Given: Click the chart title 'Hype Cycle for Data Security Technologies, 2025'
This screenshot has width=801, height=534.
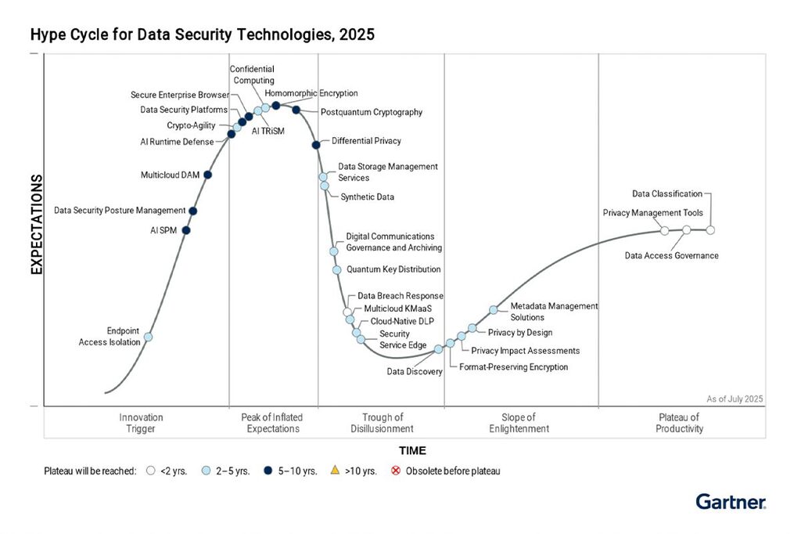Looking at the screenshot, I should pos(202,34).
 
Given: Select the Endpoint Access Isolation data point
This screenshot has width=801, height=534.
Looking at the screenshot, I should pos(149,337).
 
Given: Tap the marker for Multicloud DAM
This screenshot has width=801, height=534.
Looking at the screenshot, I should pos(207,175).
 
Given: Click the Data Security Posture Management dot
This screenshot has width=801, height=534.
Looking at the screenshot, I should pos(193,211).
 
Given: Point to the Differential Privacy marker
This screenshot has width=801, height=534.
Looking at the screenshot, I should pos(316,145).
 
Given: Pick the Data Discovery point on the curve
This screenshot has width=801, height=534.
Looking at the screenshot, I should pos(439,349).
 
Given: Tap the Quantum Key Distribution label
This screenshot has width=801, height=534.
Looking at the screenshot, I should pos(393,269).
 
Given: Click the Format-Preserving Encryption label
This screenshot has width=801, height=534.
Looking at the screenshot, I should pos(513,366).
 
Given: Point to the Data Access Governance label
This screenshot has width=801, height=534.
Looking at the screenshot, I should pos(671,255).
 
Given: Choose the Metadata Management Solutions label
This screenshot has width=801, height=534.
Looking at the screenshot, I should pos(553,312).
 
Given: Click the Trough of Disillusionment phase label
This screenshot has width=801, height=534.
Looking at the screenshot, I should pos(383,423).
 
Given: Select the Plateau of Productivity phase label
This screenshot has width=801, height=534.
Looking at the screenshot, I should pos(680,423).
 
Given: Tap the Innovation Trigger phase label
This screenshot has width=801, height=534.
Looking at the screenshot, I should pos(141,423).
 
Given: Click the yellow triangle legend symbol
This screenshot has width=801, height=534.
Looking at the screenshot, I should pos(335,471).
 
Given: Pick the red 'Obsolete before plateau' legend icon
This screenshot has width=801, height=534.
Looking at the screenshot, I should pos(396,471).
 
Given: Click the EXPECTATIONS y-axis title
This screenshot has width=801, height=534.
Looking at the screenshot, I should pos(36,224).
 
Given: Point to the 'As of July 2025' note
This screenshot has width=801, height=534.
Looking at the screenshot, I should pos(735,399).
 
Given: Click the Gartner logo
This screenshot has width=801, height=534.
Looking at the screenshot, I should pos(731,502).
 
